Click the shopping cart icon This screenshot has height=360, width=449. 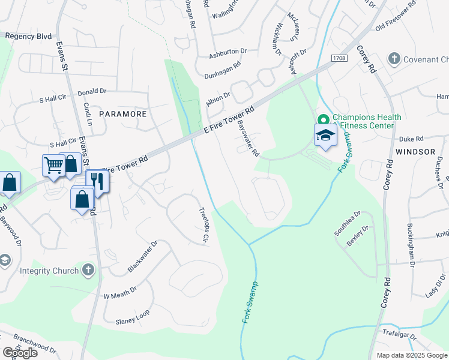(x=53, y=165)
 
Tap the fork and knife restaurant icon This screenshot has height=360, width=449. (x=97, y=181)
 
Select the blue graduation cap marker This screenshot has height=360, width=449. (x=325, y=135)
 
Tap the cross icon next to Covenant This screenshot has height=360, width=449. (x=394, y=59)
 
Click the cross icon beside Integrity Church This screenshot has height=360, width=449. (x=87, y=271)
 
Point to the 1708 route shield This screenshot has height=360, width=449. (x=339, y=58)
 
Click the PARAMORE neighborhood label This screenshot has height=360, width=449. (x=122, y=113)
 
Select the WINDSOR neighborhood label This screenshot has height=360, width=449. (x=415, y=152)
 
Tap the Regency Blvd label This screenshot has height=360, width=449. (x=28, y=36)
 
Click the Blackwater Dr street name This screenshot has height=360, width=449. (x=142, y=257)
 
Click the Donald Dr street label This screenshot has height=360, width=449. (x=92, y=92)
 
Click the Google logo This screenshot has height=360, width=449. (x=20, y=353)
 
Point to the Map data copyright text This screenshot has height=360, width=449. (x=411, y=355)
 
